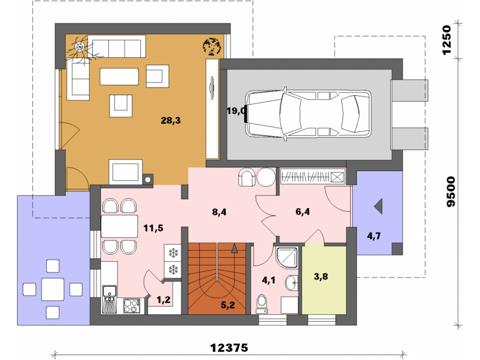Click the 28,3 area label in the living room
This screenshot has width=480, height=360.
pos(171,120)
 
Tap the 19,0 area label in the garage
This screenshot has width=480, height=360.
pos(236,111)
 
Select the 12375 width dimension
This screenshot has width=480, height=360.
pos(229,348)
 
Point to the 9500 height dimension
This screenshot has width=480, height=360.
pos(450,192)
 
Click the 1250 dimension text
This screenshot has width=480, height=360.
pos(447,40)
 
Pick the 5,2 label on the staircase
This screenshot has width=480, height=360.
pos(228,305)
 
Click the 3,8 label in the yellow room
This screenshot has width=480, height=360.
pos(321,277)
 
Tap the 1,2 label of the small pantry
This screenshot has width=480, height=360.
pos(164,300)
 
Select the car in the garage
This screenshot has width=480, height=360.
pos(308,113)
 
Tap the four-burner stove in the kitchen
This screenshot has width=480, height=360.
pos(132,306)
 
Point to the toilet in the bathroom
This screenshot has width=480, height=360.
pos(262,304)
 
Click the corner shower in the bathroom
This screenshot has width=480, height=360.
pos(287,257)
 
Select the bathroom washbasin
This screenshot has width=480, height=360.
pos(292,283)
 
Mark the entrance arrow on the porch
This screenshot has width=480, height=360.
pos(378,206)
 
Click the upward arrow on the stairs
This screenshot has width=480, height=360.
pos(234,248)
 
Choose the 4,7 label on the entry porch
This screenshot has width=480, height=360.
pos(374,236)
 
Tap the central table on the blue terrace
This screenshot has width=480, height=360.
pos(52,289)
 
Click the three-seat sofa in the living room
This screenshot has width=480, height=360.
pos(117,46)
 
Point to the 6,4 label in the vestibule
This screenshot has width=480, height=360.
pos(302,211)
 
